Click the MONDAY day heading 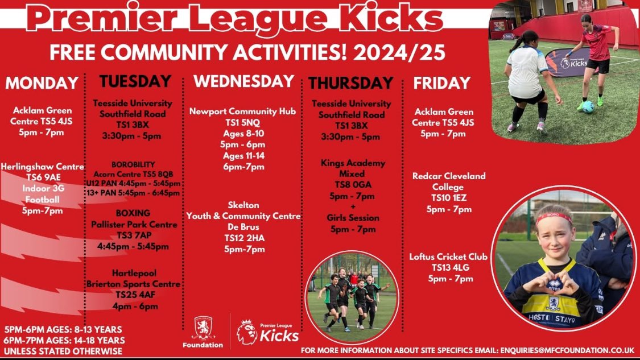[x=42, y=83]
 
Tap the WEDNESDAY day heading [x=243, y=81]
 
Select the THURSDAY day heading [x=350, y=83]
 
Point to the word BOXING [x=133, y=213]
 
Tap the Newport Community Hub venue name [x=243, y=111]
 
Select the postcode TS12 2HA [x=243, y=238]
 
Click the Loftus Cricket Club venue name [x=448, y=256]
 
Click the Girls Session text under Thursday [x=353, y=218]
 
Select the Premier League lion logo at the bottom [x=246, y=332]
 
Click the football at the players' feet [x=588, y=106]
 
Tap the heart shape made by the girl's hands [x=553, y=280]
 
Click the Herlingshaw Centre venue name [x=42, y=167]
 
